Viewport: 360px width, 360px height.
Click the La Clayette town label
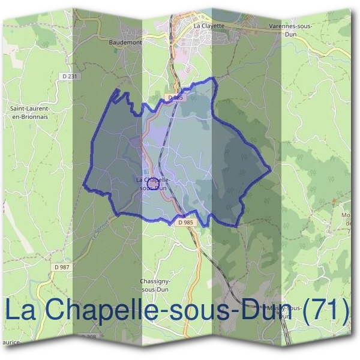click(208, 26)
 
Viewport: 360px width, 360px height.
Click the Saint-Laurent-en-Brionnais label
click(29, 112)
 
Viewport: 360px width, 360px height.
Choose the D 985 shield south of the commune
click(186, 222)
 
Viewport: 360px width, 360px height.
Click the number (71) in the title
click(325, 310)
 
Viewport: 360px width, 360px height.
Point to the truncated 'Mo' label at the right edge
click(347, 216)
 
